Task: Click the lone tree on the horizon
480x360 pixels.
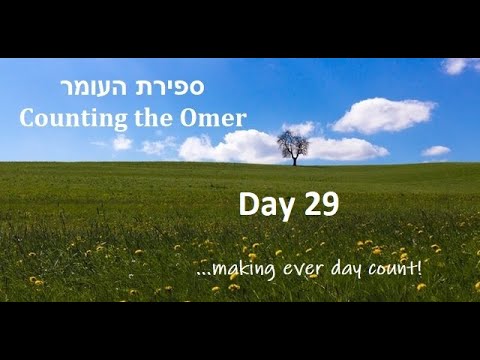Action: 293,147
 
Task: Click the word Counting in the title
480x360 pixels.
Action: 66,117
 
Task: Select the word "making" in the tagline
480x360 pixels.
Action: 237,270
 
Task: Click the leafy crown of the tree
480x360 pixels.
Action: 293,142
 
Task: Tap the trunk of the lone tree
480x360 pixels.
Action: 294,158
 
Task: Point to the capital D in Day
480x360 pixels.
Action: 247,205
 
